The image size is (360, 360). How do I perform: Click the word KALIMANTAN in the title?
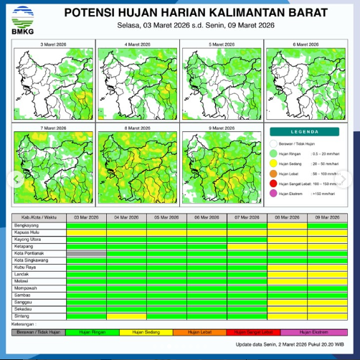coord(247,14)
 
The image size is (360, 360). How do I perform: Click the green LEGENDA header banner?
coord(305,133)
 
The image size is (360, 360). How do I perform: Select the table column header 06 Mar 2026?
coord(207,217)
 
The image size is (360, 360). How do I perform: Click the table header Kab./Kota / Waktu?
coord(39,217)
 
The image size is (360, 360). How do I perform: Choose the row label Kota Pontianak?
coord(29,253)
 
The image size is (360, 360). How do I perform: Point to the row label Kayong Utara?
coord(27,239)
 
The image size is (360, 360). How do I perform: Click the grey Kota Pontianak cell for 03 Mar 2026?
coord(86,253)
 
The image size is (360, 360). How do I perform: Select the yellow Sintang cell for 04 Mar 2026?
coord(126,316)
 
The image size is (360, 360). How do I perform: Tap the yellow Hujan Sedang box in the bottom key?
coord(146,332)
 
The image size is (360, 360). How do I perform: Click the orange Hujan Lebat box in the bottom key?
coord(200,332)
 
